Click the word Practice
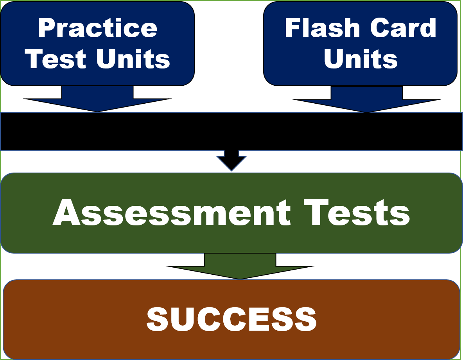click(97, 28)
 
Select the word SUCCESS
click(231, 319)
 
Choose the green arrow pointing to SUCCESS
click(240, 266)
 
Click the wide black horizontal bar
click(231, 131)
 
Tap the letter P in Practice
click(45, 28)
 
